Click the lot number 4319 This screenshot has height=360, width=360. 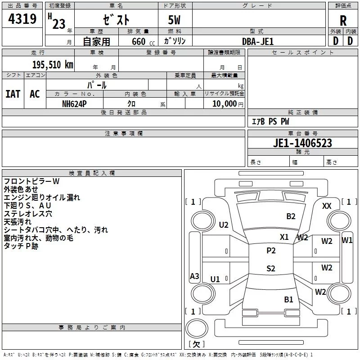[22, 20]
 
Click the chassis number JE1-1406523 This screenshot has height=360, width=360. [302, 143]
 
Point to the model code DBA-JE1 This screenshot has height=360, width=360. [258, 41]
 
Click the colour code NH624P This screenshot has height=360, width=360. [75, 103]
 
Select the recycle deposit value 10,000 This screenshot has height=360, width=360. [224, 103]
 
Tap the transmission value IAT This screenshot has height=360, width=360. [13, 94]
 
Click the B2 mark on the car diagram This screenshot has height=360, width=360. [291, 216]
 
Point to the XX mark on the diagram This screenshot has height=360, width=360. [327, 206]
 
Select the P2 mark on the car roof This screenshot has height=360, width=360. [271, 251]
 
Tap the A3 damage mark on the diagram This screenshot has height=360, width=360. [194, 276]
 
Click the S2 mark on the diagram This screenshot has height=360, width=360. [271, 269]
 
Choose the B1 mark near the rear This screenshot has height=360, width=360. [288, 299]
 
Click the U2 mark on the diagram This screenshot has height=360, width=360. [224, 225]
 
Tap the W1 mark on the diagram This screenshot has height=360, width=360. [347, 240]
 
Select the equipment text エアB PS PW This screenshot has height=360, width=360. [270, 121]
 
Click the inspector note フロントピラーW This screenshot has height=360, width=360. [31, 181]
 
